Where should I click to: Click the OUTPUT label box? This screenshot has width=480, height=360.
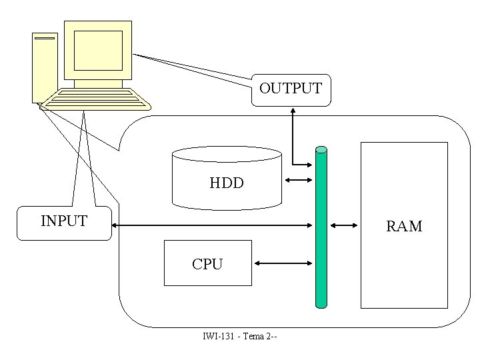pyautogui.click(x=290, y=89)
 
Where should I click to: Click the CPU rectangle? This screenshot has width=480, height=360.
pyautogui.click(x=207, y=263)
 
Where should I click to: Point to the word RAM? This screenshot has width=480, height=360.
pyautogui.click(x=404, y=226)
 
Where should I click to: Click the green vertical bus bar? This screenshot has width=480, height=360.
pyautogui.click(x=321, y=227)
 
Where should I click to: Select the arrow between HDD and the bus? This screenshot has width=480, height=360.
pyautogui.click(x=298, y=180)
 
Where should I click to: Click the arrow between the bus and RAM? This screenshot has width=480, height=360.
pyautogui.click(x=344, y=225)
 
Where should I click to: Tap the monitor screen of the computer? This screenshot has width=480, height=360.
pyautogui.click(x=98, y=49)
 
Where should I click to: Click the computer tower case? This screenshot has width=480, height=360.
pyautogui.click(x=44, y=67)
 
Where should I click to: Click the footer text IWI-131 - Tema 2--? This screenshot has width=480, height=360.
pyautogui.click(x=239, y=335)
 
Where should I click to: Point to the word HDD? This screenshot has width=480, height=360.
pyautogui.click(x=226, y=182)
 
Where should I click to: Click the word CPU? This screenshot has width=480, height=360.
pyautogui.click(x=207, y=264)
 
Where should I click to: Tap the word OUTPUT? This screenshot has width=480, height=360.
pyautogui.click(x=290, y=88)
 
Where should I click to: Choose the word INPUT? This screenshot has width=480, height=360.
pyautogui.click(x=64, y=221)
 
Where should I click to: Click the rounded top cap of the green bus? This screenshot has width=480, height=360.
pyautogui.click(x=321, y=149)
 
